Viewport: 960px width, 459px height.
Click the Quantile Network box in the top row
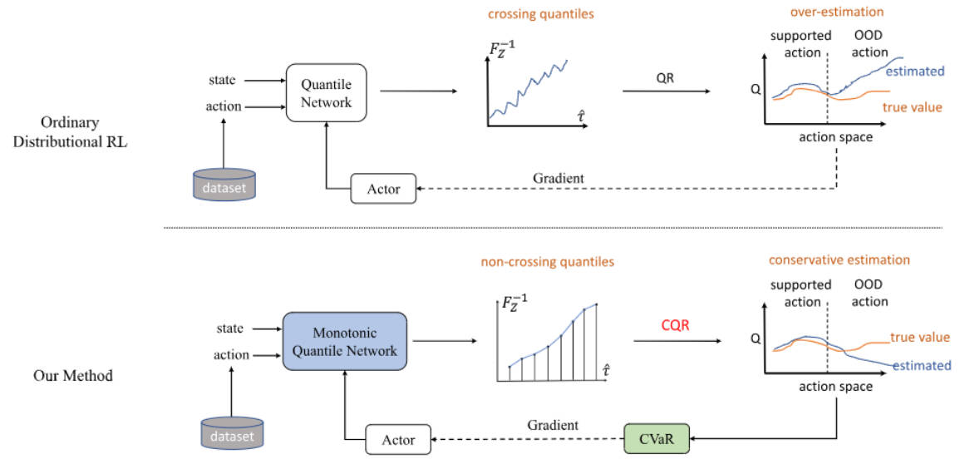327,93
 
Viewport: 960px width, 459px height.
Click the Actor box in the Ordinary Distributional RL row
383,189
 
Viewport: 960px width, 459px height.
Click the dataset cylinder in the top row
224,184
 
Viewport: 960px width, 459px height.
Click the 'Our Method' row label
73,375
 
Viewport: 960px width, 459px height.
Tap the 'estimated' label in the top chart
914,72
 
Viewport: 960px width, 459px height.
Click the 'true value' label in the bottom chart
920,337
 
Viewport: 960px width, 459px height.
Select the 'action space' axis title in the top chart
835,136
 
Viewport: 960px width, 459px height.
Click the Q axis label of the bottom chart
755,339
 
